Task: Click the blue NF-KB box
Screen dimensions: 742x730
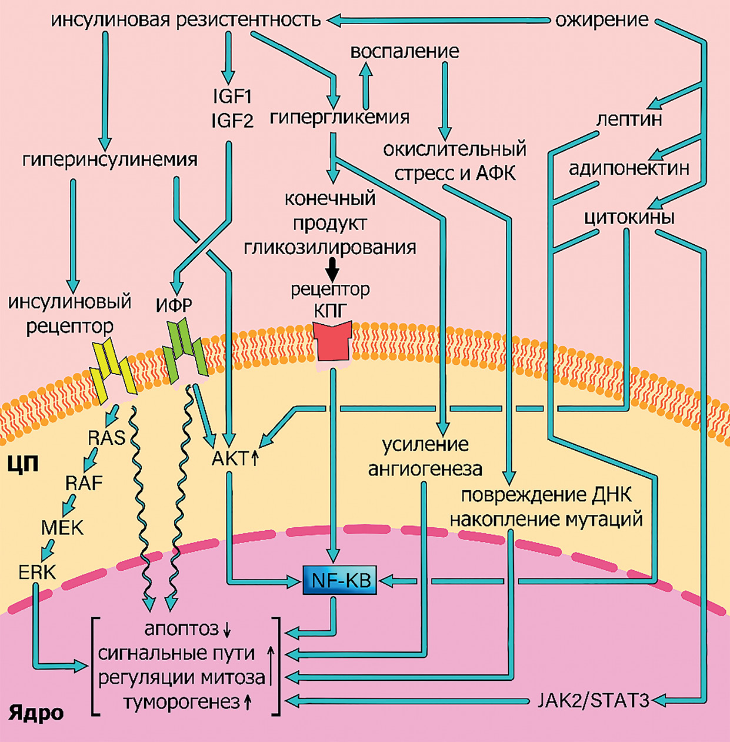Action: pos(340,580)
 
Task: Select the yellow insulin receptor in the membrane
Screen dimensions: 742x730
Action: pos(114,370)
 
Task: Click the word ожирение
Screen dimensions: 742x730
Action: pos(602,20)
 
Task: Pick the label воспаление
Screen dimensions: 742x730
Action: pos(404,51)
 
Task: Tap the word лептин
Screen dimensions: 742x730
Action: pos(629,119)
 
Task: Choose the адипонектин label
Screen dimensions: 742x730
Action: pos(629,169)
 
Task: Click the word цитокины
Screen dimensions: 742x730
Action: pos(629,218)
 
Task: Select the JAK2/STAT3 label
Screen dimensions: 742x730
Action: pos(594,701)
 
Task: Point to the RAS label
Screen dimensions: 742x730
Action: pos(106,438)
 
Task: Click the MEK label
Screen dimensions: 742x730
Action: pos(62,527)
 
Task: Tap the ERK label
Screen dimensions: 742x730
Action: pos(37,571)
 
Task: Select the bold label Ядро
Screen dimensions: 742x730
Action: pos(36,714)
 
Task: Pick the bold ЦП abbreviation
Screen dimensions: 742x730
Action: pos(23,464)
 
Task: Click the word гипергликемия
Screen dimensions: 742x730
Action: pos(339,117)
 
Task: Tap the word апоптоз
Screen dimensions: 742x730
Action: pos(181,628)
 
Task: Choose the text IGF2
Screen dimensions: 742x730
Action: pos(232,121)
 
